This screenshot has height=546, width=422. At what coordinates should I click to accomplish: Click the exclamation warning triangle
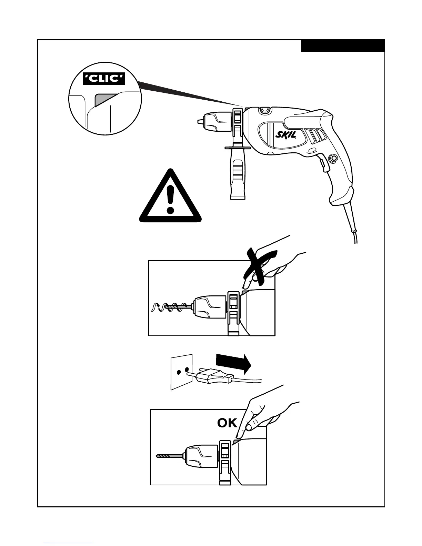coord(170,198)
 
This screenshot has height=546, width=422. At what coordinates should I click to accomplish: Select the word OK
coord(227,423)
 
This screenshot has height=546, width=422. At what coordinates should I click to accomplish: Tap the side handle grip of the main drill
coord(237,176)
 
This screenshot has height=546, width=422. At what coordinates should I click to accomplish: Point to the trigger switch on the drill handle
coord(323,164)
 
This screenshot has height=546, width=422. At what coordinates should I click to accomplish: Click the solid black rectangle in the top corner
coord(343,46)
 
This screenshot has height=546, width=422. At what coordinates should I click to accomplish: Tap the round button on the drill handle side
coord(333,159)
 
